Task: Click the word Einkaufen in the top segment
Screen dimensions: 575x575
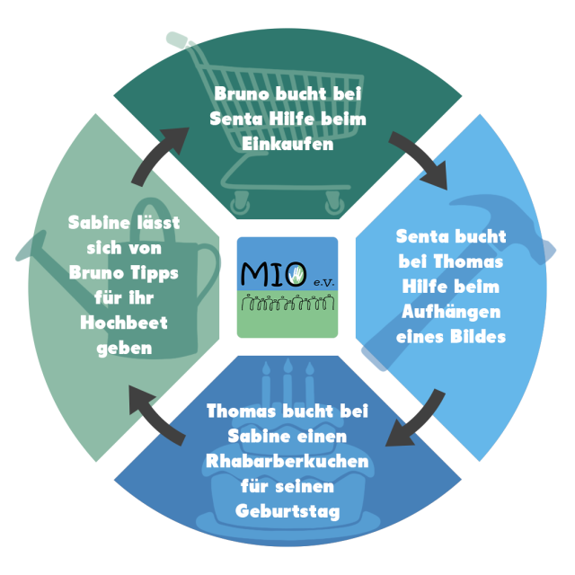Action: [x=288, y=144]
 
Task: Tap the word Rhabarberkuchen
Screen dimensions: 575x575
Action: [x=287, y=462]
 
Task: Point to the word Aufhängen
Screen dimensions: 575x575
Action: [x=451, y=313]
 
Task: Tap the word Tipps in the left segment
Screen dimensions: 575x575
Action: [x=151, y=271]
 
